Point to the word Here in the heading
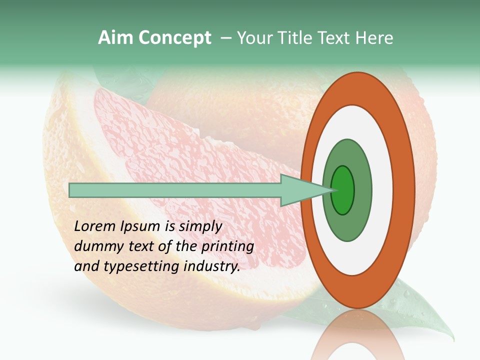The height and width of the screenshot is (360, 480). pos(375,38)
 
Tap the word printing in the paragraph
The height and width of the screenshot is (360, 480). pos(227,247)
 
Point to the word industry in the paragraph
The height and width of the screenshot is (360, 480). pos(212,266)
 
